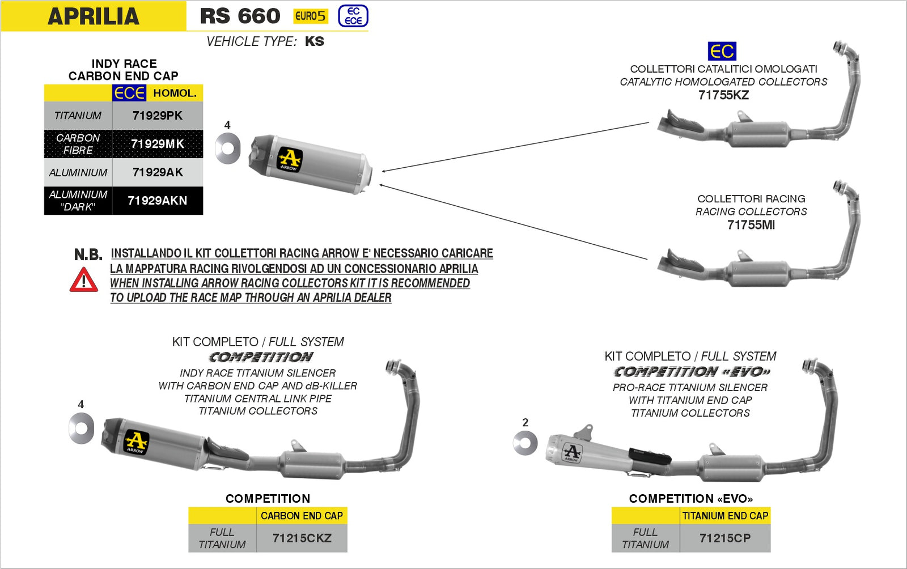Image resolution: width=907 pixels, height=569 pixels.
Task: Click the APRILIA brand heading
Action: pos(94,16)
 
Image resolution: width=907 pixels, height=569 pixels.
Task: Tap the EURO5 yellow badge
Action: pos(310,16)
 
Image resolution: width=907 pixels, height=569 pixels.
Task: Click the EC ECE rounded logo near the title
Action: pos(353,16)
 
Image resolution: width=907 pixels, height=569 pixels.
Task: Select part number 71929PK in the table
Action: pos(157,116)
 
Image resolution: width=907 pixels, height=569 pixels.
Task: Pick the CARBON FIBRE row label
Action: pos(78,144)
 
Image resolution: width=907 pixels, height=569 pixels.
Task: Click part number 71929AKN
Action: pos(157,201)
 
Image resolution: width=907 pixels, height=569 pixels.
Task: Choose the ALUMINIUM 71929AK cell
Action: pos(157,172)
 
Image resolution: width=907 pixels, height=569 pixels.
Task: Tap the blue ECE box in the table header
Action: pos(129,93)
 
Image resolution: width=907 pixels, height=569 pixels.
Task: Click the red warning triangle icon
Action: pos(84,280)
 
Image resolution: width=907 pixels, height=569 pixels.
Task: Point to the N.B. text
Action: pos(88,255)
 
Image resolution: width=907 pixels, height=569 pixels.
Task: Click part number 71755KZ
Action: pos(723,95)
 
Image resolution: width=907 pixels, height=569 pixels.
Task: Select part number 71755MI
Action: pos(751,225)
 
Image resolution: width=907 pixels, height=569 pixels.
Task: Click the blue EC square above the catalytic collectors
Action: pos(722,51)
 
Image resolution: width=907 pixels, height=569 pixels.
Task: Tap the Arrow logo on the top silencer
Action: pos(289,159)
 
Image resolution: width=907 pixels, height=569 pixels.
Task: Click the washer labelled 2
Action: pos(525,443)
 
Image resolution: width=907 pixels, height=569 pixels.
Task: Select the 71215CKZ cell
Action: pos(302,538)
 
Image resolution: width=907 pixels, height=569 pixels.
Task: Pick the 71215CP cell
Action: pos(724,538)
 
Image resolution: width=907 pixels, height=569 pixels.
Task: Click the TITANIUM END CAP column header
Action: pos(724,516)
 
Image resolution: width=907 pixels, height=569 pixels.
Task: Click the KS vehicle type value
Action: pos(315,41)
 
